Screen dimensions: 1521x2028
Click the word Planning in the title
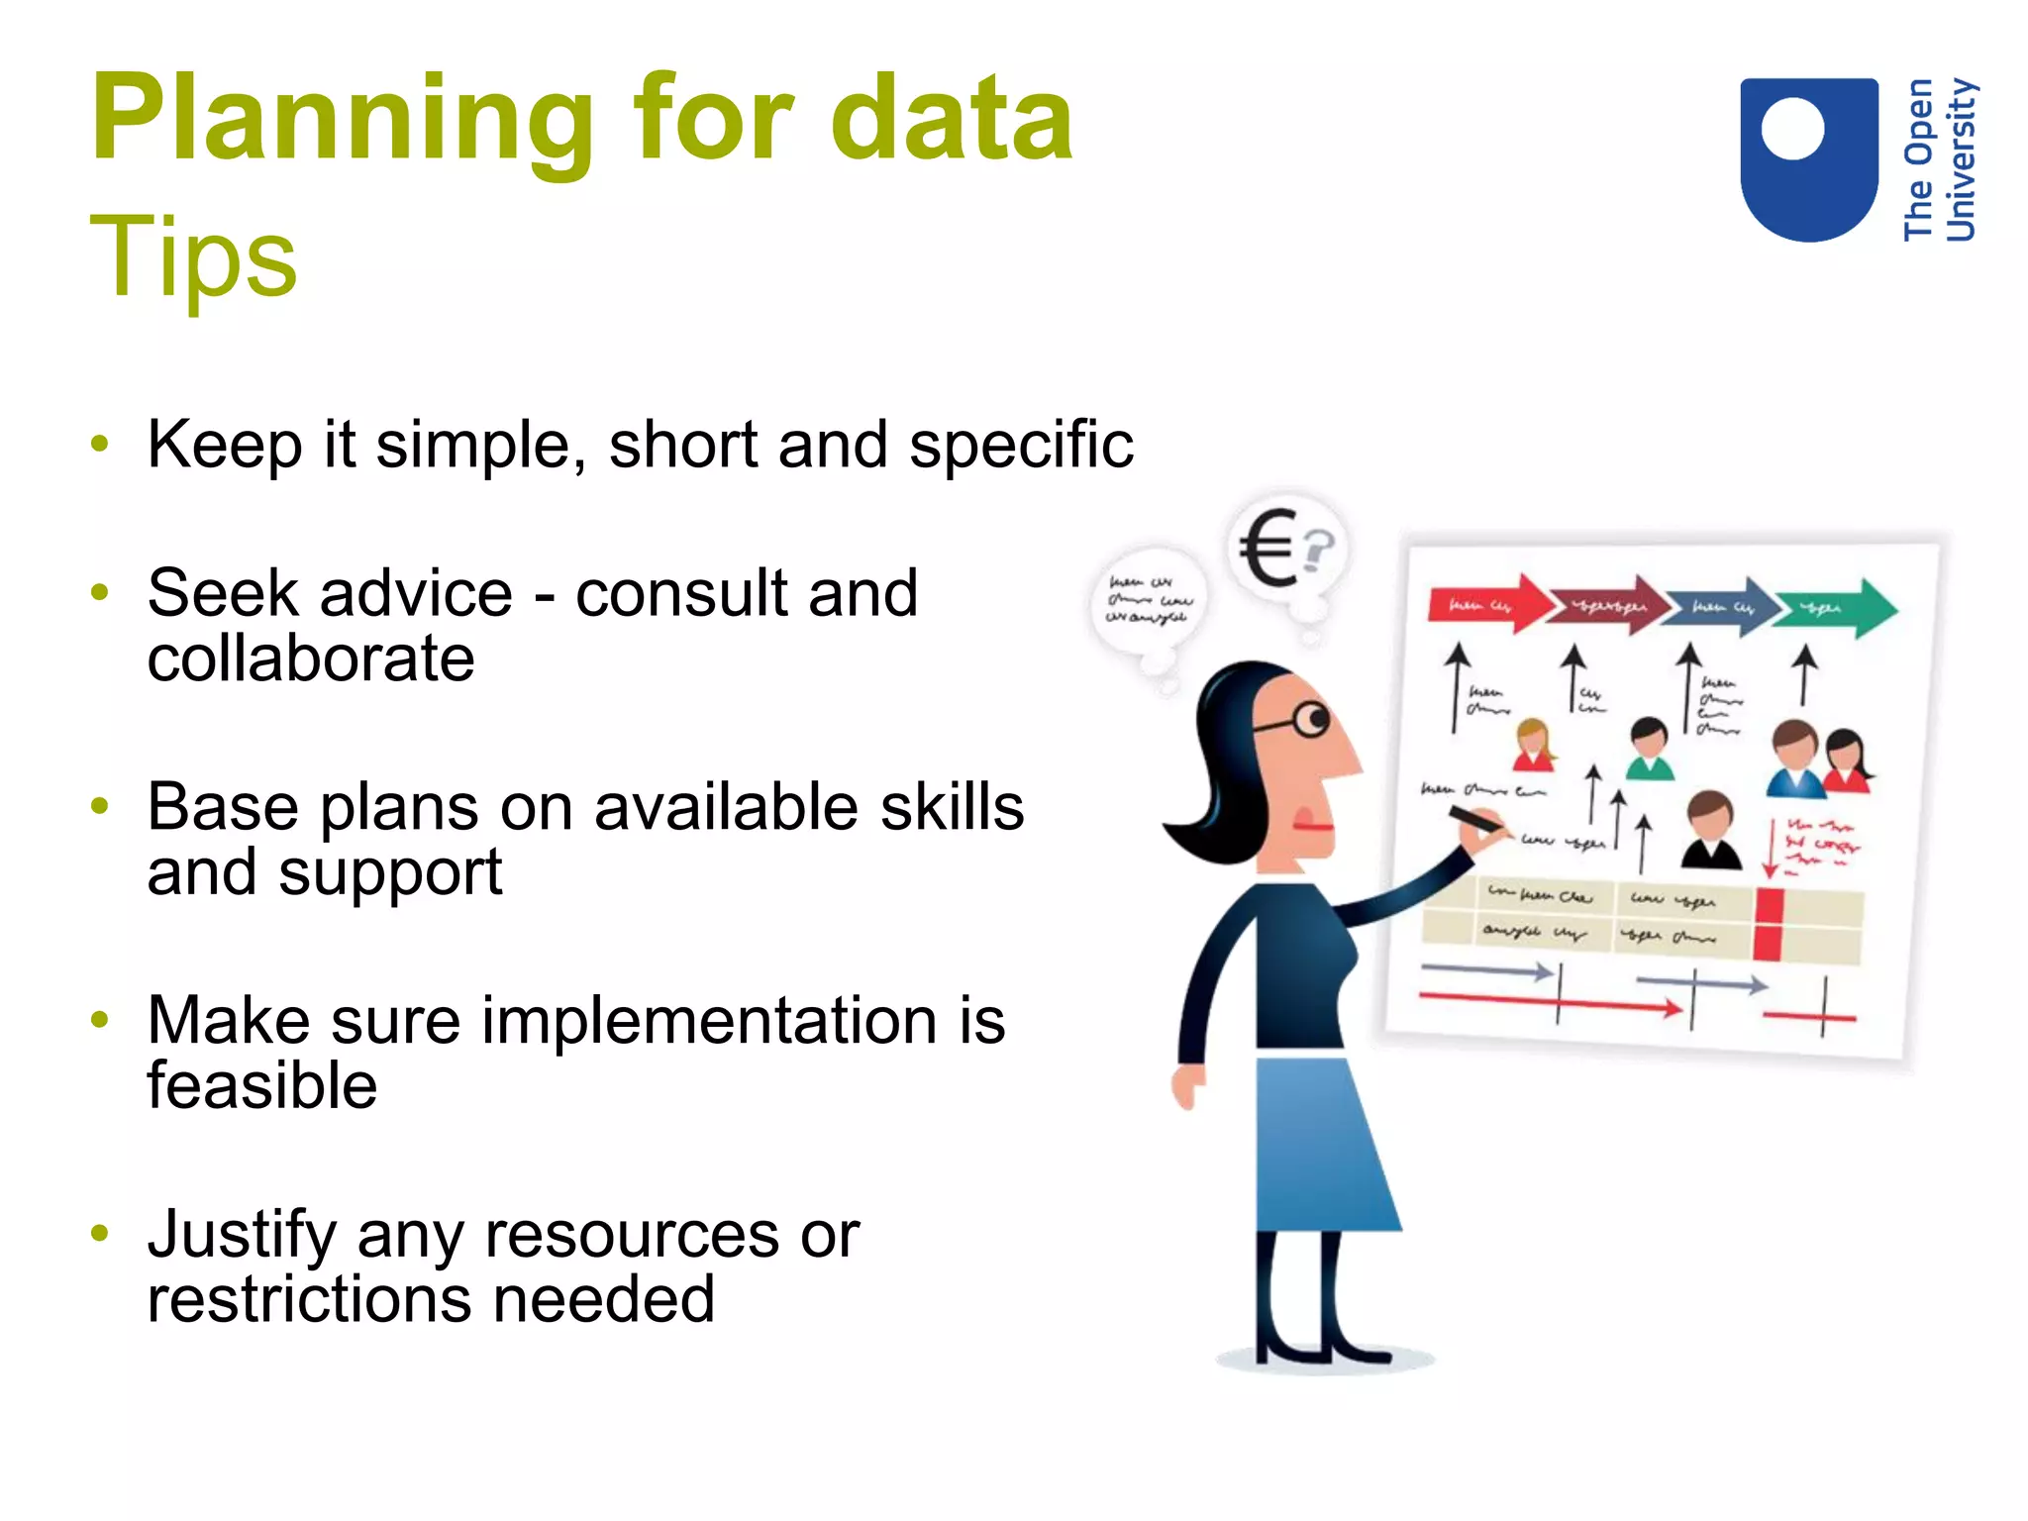coord(342,121)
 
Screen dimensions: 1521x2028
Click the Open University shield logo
coord(1808,158)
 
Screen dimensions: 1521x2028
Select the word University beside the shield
coord(1961,158)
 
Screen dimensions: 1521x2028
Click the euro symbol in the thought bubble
coord(1268,547)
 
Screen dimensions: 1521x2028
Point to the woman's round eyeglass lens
coord(1312,720)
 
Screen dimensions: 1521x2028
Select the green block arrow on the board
coord(1837,607)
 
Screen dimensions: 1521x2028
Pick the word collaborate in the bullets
coord(310,659)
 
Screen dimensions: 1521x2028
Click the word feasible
coord(261,1086)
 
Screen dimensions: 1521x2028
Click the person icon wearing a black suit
coord(1711,832)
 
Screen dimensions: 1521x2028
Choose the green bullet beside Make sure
coord(99,1019)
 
